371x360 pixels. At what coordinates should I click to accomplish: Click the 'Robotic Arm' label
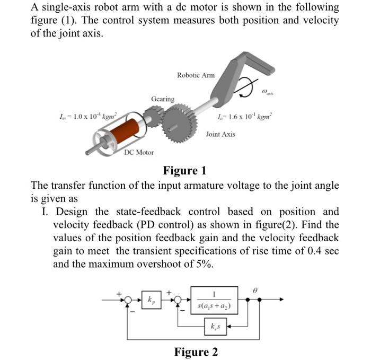[196, 75]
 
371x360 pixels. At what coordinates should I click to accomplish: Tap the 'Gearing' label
[162, 99]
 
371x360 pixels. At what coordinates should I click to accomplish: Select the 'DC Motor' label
[139, 152]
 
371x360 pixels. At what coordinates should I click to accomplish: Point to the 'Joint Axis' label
[220, 134]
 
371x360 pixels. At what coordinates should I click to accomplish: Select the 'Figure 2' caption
[196, 352]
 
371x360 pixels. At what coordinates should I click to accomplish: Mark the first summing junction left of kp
[127, 300]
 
